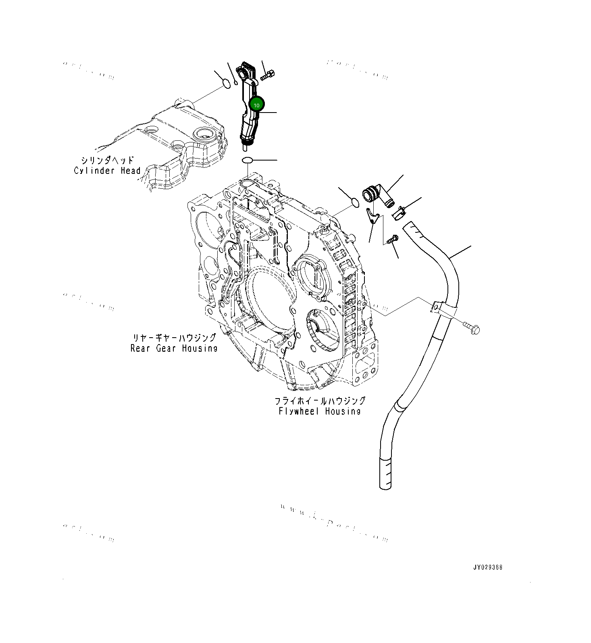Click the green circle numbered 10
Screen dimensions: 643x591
[x=256, y=104]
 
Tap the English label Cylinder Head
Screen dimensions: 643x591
[x=107, y=171]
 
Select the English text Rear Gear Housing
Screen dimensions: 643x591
[x=174, y=348]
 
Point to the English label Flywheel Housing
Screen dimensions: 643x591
[x=320, y=411]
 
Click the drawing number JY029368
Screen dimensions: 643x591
[x=488, y=567]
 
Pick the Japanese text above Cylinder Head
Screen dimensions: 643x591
[x=107, y=161]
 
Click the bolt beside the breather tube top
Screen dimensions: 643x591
[x=268, y=75]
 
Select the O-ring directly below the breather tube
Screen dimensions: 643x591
[x=247, y=161]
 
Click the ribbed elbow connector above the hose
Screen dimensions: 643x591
[x=377, y=196]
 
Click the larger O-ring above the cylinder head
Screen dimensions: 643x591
[x=227, y=84]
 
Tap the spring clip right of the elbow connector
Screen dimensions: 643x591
[x=399, y=213]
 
